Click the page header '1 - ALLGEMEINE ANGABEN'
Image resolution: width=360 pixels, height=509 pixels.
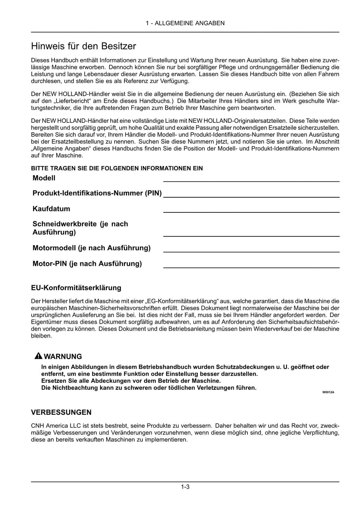(185, 23)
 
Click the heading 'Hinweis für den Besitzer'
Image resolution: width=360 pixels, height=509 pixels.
(83, 46)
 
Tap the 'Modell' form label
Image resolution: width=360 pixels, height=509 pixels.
(44, 178)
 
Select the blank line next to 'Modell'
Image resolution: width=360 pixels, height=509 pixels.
(251, 181)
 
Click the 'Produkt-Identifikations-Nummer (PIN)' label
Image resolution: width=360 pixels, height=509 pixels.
(97, 193)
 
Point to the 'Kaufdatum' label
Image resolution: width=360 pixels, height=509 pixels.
(51, 209)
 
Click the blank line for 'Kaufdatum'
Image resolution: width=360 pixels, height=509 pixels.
(251, 212)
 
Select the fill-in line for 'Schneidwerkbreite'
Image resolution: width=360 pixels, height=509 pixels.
(251, 235)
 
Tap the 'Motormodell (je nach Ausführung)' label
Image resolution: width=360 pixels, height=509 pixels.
(91, 248)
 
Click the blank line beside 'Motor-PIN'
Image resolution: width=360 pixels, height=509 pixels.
(251, 267)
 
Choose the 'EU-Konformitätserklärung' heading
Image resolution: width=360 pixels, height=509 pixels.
(76, 288)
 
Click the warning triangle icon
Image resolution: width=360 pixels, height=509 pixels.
(38, 356)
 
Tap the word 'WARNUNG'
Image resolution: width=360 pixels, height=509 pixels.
(63, 356)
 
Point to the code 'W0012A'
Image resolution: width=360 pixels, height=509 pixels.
(328, 392)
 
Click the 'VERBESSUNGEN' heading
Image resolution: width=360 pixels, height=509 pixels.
(61, 412)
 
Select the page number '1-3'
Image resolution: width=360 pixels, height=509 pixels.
(185, 487)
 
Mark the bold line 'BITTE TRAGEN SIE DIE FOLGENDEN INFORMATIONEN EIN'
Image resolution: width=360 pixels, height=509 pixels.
(117, 168)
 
